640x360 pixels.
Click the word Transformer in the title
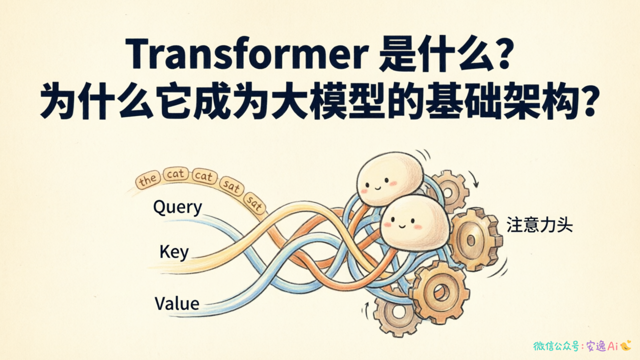click(247, 54)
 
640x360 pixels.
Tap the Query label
click(177, 207)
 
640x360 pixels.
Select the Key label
click(174, 252)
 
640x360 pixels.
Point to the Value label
click(177, 303)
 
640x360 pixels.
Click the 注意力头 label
click(539, 225)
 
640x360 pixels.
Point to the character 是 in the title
click(397, 54)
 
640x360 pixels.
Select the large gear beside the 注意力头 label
click(474, 239)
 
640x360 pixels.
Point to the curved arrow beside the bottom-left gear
click(365, 310)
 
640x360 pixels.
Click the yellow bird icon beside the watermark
click(625, 345)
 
